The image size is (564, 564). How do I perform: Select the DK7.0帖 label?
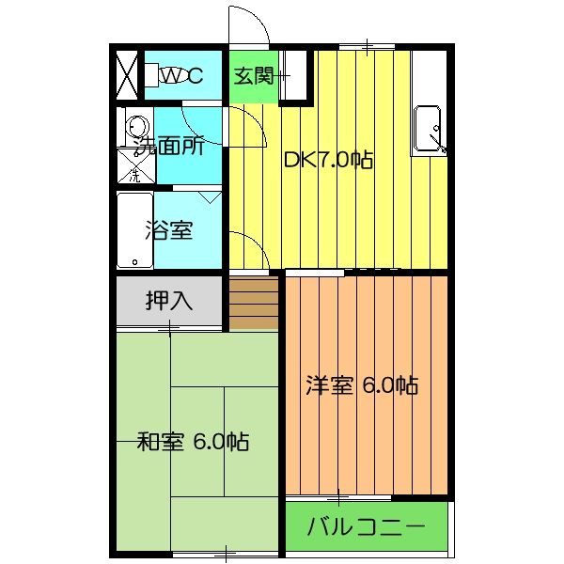(329, 160)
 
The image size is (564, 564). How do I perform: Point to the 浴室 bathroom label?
(169, 229)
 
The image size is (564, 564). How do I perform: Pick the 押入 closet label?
(169, 301)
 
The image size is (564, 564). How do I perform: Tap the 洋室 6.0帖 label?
(362, 384)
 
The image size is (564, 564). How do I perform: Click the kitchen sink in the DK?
(430, 129)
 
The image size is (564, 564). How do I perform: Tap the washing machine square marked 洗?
(133, 169)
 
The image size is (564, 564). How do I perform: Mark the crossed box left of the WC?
(127, 75)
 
